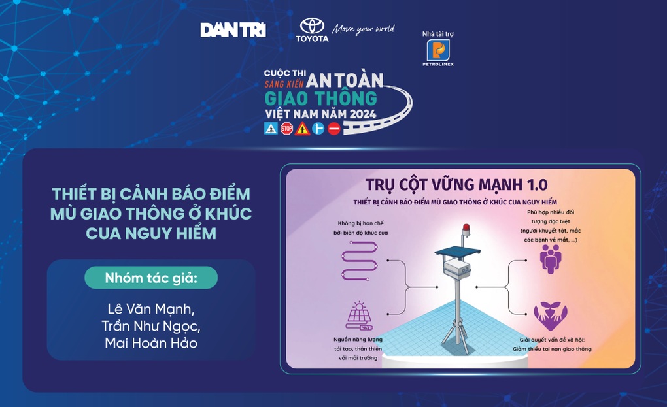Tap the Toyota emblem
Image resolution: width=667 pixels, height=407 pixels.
(312, 25)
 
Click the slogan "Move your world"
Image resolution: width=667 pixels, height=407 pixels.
(364, 29)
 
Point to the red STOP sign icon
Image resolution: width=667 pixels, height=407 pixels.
(286, 129)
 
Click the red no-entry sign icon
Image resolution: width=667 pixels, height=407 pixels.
(334, 129)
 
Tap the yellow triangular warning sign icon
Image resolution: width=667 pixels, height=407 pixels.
(302, 129)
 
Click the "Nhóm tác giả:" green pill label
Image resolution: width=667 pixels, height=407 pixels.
(151, 278)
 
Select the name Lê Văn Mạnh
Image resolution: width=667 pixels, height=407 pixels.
(151, 308)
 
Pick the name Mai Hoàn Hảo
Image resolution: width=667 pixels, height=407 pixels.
(151, 342)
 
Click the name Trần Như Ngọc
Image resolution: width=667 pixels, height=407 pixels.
(151, 325)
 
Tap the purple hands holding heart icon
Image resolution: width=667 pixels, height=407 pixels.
(550, 314)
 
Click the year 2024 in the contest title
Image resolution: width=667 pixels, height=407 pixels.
(358, 113)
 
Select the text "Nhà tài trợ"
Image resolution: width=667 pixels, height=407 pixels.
(437, 33)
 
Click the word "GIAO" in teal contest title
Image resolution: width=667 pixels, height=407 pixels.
(290, 98)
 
